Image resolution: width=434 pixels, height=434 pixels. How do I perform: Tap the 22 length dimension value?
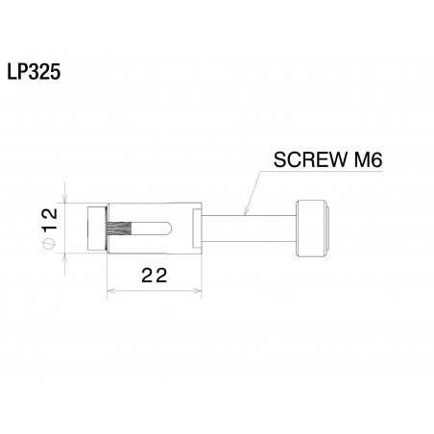pos(154,276)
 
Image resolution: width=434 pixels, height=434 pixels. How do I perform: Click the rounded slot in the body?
pos(154,229)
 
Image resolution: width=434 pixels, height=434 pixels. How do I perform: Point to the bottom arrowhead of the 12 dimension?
pos(65,252)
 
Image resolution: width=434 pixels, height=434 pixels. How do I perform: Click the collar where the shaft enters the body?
pos(197,228)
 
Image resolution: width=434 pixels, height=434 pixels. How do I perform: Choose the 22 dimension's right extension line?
pos(200,274)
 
